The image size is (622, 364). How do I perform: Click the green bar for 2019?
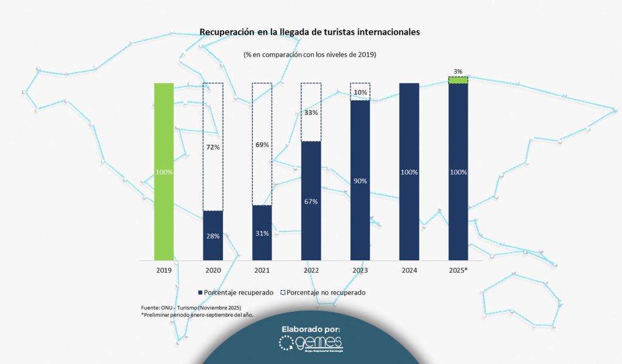pos(164,171)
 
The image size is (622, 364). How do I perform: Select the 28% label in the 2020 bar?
pos(213,236)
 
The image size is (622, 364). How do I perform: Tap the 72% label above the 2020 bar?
pos(213,148)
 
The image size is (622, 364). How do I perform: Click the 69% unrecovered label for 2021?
pos(262,145)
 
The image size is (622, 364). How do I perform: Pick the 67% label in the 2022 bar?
pos(311,201)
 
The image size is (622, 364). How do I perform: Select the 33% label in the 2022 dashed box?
pos(311,113)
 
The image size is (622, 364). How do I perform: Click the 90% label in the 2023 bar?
pos(360,181)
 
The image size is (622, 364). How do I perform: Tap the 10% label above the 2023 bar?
pos(360,92)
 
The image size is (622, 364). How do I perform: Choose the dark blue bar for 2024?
pos(409,172)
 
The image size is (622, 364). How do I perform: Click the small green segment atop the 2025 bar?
pos(458,80)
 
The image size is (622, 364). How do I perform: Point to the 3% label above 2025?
pos(458,70)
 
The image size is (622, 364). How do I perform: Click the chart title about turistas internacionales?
pos(309,32)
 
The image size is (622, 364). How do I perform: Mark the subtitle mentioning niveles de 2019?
pos(310,55)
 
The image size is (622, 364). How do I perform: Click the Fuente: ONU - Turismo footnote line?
pos(191,307)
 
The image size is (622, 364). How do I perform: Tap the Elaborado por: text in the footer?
pos(310,329)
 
